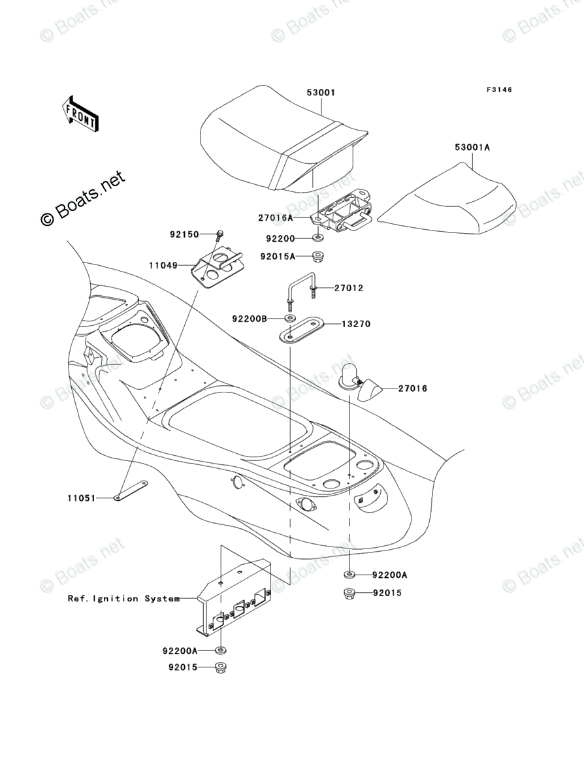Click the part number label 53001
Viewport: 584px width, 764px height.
coord(321,93)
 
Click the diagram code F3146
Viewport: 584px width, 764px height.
coord(498,90)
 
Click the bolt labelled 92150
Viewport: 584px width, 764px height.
coord(220,233)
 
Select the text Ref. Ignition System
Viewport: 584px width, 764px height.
coord(123,598)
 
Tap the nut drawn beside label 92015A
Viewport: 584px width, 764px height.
coord(317,255)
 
